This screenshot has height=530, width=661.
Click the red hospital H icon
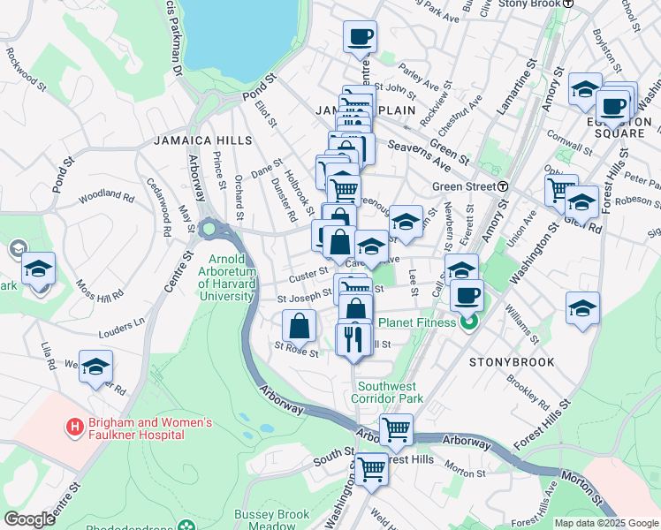click(x=75, y=427)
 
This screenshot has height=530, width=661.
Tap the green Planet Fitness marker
click(x=469, y=322)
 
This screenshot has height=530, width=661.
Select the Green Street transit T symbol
click(x=502, y=186)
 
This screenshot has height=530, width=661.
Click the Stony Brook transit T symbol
click(x=569, y=4)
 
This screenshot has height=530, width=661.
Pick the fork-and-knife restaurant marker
click(x=354, y=337)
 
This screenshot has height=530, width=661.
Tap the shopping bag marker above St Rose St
click(x=300, y=325)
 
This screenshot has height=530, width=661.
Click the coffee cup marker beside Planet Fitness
click(x=466, y=294)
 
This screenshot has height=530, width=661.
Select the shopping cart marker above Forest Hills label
click(x=397, y=429)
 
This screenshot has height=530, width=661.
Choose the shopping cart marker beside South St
click(x=371, y=468)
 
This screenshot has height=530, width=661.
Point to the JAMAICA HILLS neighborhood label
click(x=202, y=140)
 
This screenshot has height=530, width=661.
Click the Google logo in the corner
click(x=29, y=519)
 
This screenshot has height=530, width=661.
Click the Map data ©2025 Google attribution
click(x=606, y=523)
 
